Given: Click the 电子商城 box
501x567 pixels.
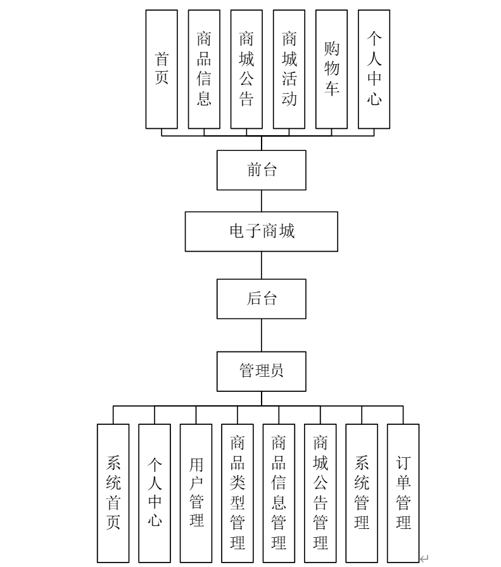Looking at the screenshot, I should [x=262, y=231].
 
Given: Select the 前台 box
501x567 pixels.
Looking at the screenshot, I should [x=262, y=170].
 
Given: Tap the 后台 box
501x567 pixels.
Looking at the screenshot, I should [x=262, y=299].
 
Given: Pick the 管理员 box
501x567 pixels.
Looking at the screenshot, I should [x=262, y=371].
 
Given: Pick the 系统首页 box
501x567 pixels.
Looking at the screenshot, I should [x=113, y=493].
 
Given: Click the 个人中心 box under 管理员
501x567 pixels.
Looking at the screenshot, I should [x=155, y=493].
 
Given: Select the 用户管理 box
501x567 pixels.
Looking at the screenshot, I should [x=196, y=493].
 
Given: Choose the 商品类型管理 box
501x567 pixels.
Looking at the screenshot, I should [x=238, y=493].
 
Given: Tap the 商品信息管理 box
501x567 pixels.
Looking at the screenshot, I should [x=279, y=493].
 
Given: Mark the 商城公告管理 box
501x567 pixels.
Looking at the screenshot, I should [x=320, y=493].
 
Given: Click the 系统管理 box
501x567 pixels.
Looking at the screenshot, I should [x=362, y=493].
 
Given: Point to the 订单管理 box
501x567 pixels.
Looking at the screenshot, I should [x=403, y=493].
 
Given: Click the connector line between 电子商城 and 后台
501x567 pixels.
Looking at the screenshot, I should [x=262, y=265].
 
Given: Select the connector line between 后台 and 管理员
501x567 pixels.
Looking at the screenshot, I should [x=262, y=335].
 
